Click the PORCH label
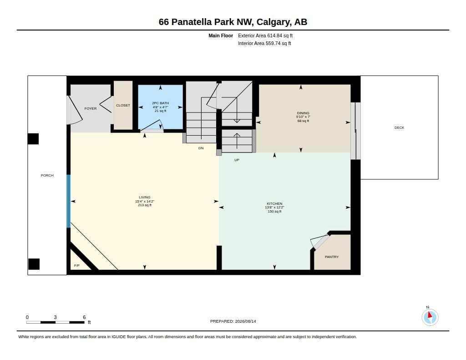click(47, 175)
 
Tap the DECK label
click(399, 127)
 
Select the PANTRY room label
click(332, 257)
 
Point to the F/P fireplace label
click(76, 265)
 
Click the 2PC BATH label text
click(161, 103)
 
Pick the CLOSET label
click(123, 105)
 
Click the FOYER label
click(91, 108)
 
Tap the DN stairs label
click(201, 148)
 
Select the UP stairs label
click(237, 160)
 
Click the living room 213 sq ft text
click(145, 205)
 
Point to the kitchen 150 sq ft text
click(274, 211)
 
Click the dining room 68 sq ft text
click(303, 121)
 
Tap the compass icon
click(430, 317)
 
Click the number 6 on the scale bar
click(84, 317)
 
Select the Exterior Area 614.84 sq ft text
click(265, 35)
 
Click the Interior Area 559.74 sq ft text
click(264, 43)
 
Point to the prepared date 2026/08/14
click(245, 321)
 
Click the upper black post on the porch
click(33, 139)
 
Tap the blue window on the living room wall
click(68, 201)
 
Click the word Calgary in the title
click(274, 22)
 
